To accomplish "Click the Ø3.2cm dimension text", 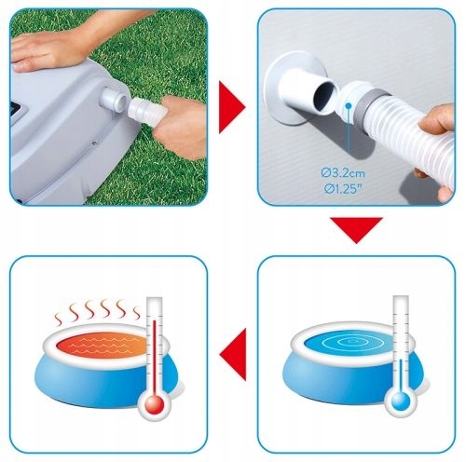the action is click(x=343, y=173).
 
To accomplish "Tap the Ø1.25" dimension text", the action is click(x=343, y=189).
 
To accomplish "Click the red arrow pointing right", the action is click(x=232, y=107).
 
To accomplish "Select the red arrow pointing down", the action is click(x=356, y=230).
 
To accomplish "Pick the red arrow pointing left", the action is click(x=233, y=354).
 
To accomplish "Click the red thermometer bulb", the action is click(x=155, y=404).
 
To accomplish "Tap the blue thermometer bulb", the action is click(x=401, y=402).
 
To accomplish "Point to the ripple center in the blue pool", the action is click(x=352, y=342).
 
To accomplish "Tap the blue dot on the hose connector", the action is click(x=349, y=106).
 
